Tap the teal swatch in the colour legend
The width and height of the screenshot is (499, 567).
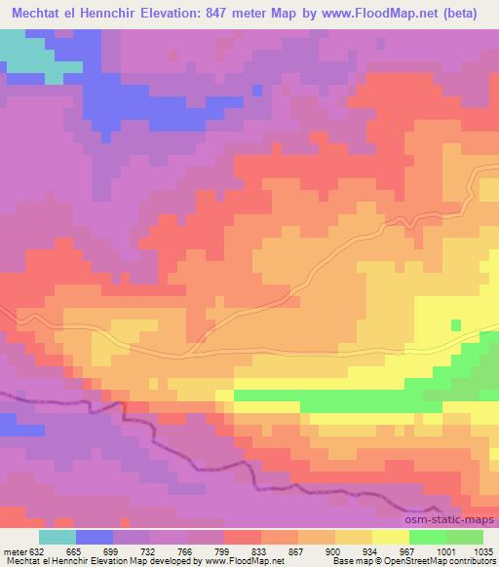tap(58, 537)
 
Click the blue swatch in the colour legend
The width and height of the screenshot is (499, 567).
tap(95, 537)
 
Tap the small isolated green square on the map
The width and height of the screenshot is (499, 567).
tap(455, 324)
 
